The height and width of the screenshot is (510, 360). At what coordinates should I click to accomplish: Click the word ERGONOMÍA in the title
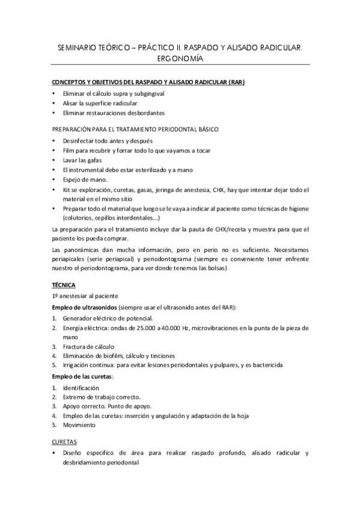(x=180, y=58)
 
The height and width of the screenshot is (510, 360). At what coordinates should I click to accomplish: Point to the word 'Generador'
(x=78, y=318)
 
